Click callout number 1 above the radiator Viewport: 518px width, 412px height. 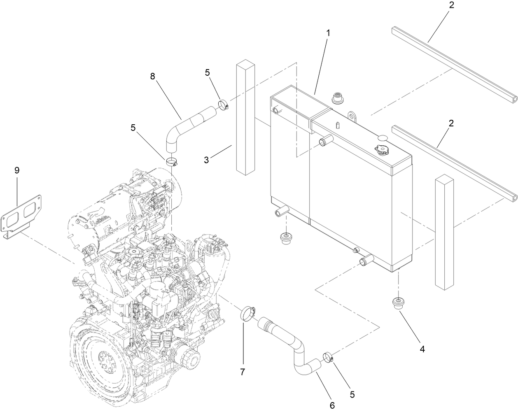point(328,33)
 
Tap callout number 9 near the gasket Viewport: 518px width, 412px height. point(17,170)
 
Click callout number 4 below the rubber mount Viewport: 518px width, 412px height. point(422,349)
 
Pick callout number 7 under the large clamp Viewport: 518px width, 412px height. point(243,372)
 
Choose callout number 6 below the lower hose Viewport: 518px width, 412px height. point(332,405)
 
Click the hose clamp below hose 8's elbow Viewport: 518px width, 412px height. point(173,161)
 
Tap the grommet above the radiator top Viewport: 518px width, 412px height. point(337,99)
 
